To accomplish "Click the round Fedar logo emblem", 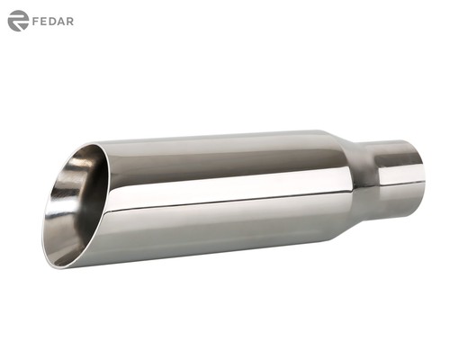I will (18, 21).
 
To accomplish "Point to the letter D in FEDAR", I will (54, 21).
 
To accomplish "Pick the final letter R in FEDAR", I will (70, 21).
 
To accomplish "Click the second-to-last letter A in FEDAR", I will (62, 21).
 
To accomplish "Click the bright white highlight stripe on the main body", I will (225, 200).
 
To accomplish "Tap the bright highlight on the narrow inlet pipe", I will (396, 172).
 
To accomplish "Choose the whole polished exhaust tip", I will (234, 193).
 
